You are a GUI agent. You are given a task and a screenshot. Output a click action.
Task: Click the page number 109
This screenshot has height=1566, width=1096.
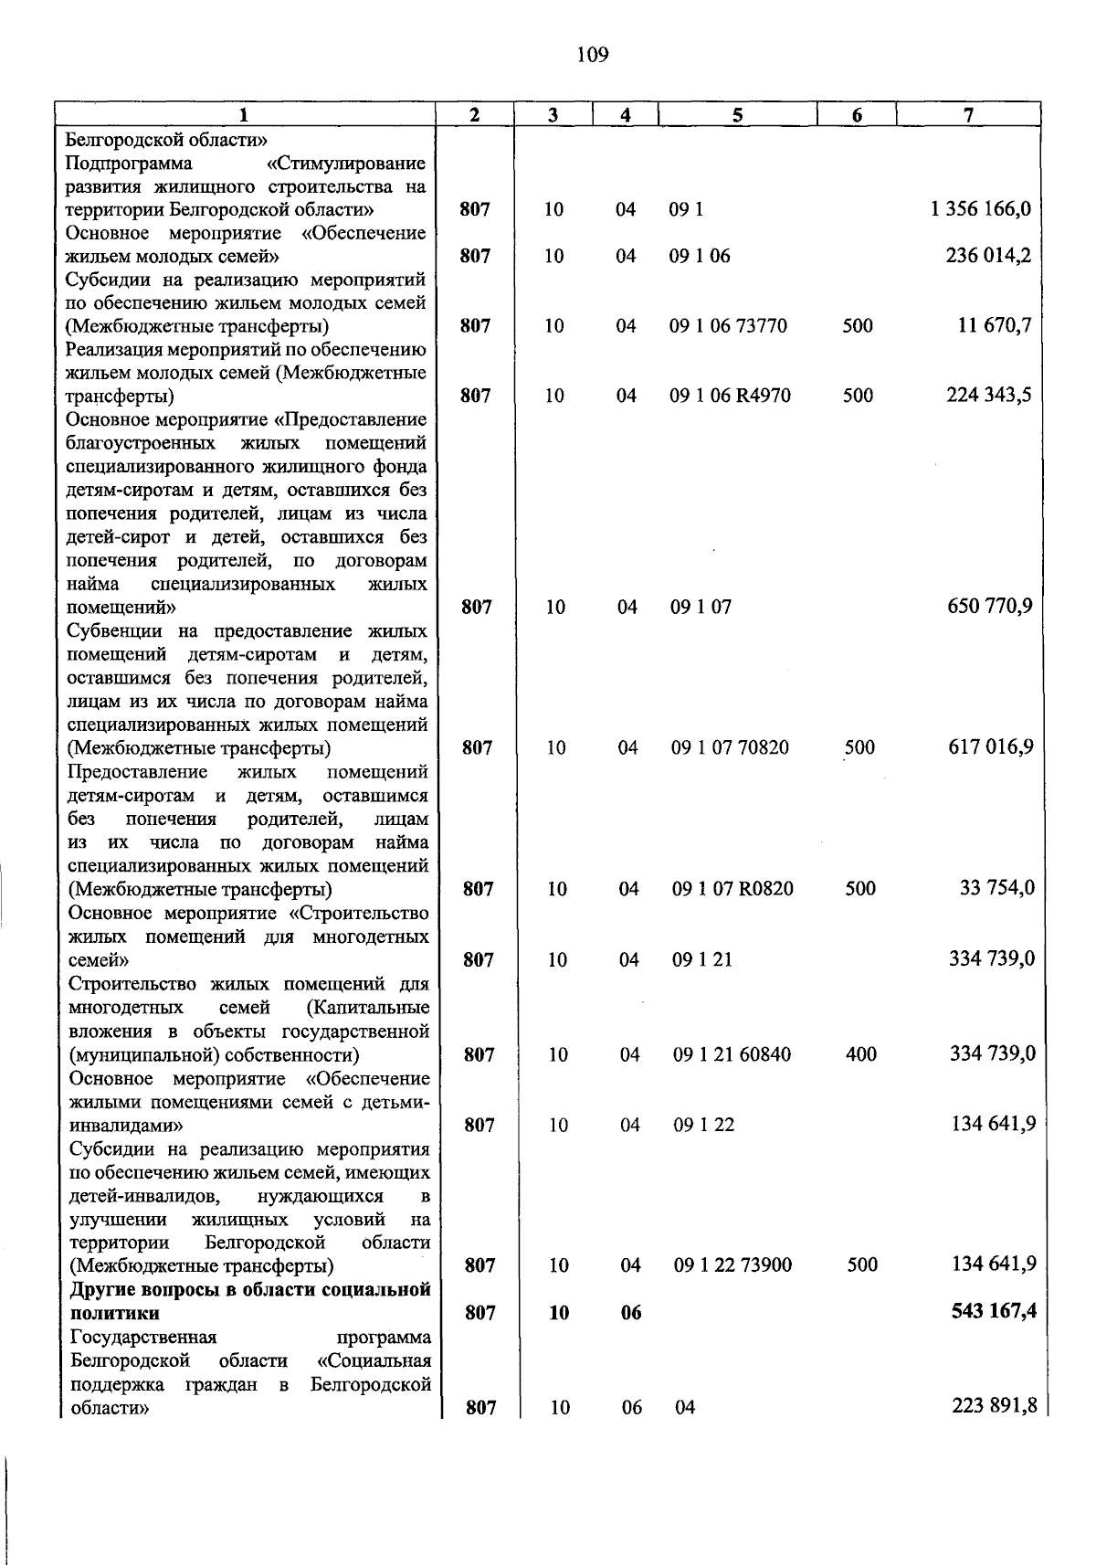[593, 56]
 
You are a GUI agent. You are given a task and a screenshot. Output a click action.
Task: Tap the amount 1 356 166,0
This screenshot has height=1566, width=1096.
[981, 208]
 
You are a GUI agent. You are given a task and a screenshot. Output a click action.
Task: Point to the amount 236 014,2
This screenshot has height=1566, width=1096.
[988, 255]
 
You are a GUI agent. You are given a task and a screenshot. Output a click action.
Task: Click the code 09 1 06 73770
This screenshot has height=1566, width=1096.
[728, 325]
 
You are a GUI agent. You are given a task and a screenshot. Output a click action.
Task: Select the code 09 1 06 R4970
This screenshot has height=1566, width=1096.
[730, 396]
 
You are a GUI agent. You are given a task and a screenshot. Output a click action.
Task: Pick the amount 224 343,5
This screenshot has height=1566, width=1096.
[988, 395]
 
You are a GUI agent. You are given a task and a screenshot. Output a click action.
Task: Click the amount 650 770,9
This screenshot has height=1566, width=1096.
[989, 607]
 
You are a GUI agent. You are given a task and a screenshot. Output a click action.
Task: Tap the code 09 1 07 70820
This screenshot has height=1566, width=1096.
[730, 747]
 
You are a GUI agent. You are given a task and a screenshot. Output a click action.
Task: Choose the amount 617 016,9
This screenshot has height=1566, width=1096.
[990, 746]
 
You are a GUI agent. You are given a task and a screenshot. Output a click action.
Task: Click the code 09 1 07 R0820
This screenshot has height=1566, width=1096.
[732, 888]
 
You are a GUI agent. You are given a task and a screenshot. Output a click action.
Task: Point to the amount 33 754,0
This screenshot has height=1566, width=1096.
[996, 887]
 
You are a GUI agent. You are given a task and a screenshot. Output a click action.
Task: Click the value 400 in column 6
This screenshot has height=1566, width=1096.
[861, 1054]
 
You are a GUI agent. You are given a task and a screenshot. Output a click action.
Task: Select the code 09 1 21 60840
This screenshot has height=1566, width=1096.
[732, 1054]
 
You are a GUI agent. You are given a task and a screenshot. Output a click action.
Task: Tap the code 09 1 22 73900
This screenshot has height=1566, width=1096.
[733, 1265]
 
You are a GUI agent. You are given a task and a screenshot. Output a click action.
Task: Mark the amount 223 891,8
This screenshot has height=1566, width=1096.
[994, 1406]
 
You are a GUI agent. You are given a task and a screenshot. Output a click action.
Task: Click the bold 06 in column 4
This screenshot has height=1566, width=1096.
[631, 1313]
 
